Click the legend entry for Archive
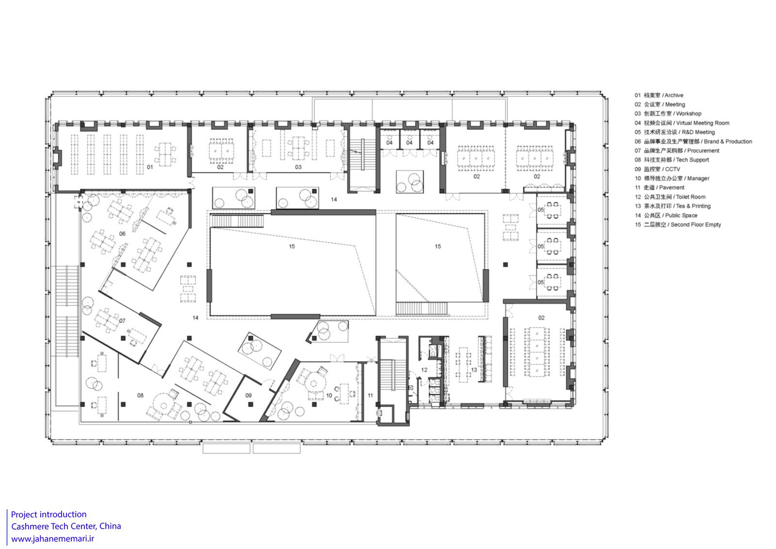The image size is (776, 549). click(x=659, y=95)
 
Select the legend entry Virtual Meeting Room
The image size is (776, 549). click(x=682, y=123)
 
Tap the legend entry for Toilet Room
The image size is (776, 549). click(x=670, y=197)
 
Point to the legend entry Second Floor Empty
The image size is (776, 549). click(x=678, y=225)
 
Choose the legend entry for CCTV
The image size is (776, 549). click(x=657, y=169)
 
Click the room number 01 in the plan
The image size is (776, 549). click(x=150, y=167)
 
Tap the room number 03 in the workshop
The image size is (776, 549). click(x=298, y=167)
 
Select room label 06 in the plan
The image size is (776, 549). click(x=122, y=234)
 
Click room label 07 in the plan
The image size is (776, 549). click(x=122, y=321)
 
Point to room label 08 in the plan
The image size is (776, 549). click(x=140, y=395)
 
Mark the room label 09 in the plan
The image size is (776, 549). click(x=248, y=395)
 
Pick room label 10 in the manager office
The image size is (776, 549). click(x=329, y=395)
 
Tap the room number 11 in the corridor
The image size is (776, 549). click(x=371, y=395)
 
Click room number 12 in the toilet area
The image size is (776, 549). click(x=424, y=370)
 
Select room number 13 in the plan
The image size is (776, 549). click(x=474, y=370)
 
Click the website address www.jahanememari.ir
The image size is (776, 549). click(x=53, y=539)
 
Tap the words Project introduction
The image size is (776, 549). click(x=49, y=515)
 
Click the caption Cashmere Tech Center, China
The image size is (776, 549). click(x=66, y=527)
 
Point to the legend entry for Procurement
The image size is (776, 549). click(x=677, y=151)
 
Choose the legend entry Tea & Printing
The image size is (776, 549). click(x=672, y=206)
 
